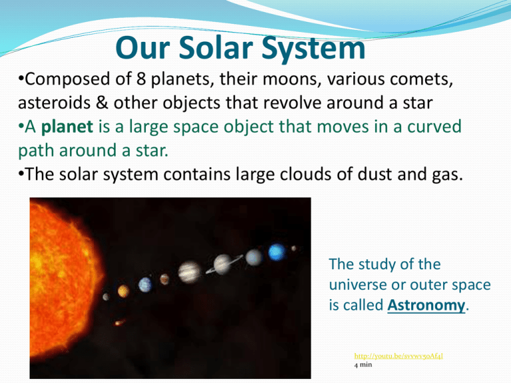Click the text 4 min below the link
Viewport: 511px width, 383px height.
coord(365,365)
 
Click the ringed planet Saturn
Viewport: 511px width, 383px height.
coord(222,264)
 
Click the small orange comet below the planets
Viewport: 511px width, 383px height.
coord(118,322)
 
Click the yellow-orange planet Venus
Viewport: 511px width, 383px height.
coord(124,291)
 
